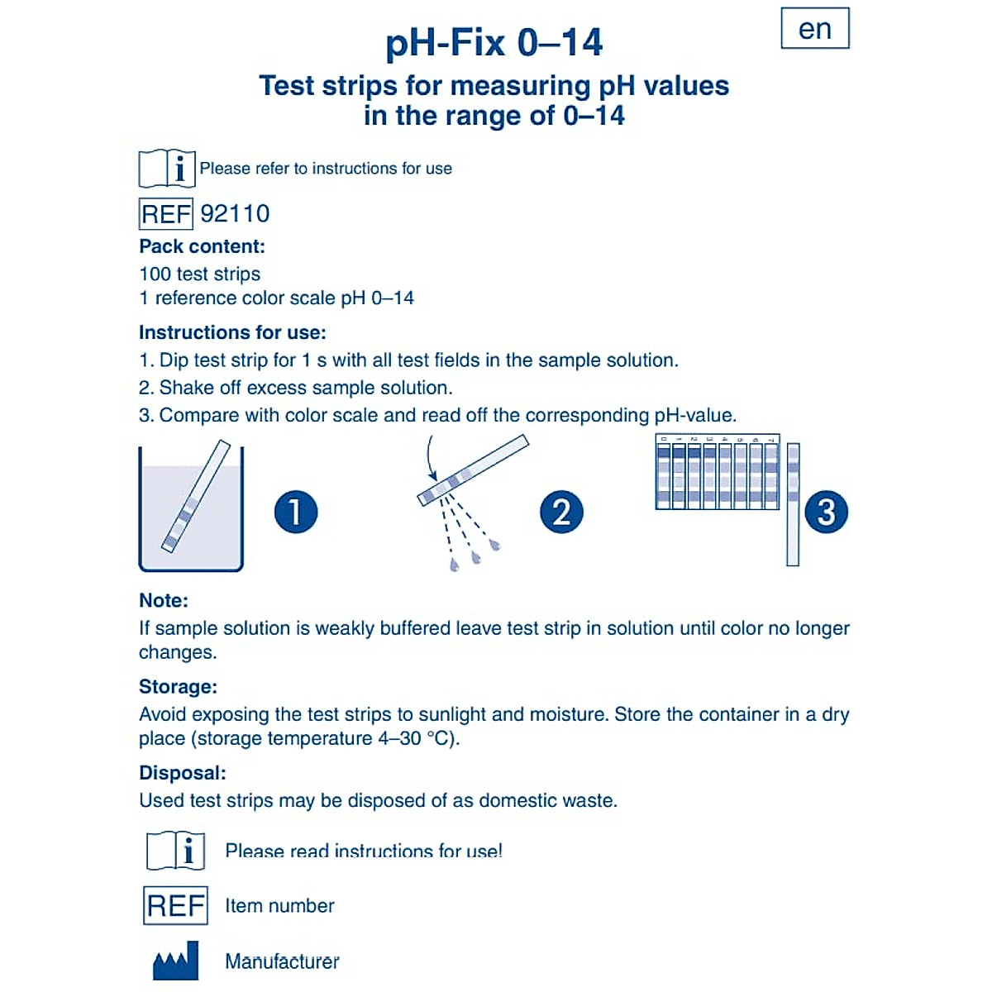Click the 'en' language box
point(815,29)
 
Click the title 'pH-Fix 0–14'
point(494,43)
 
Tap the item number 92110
point(235,214)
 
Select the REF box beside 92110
point(166,214)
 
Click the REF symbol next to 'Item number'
point(175,905)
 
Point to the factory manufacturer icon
point(176,961)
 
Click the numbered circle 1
point(295,512)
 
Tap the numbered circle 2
point(561,512)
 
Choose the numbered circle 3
point(826,512)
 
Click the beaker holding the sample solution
point(191,517)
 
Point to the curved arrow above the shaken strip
point(431,458)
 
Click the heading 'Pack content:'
point(202,246)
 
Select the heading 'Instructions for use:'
point(232,332)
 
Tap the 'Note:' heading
point(164,600)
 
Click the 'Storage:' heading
point(178,686)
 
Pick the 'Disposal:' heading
point(182,773)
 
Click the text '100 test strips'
point(199,274)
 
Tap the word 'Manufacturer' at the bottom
point(282,961)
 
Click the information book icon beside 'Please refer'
point(167,169)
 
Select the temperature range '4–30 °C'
point(416,738)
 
